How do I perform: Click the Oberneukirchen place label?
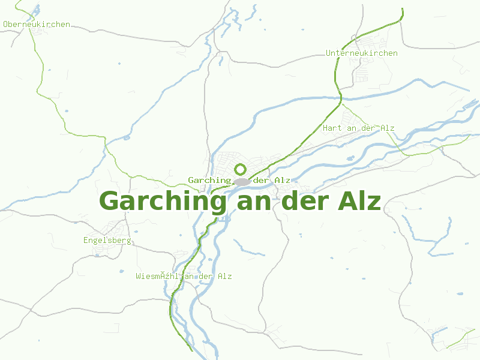[37, 25]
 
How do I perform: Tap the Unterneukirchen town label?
[361, 53]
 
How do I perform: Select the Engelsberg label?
[107, 241]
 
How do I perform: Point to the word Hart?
[332, 128]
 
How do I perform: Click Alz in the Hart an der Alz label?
[387, 128]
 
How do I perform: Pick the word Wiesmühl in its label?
[157, 277]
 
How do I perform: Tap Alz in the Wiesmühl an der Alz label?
[224, 277]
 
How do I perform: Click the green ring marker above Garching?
[241, 169]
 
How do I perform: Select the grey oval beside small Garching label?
[242, 181]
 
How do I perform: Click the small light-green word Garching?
[209, 181]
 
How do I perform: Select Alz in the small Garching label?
[283, 181]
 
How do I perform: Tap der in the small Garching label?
[262, 181]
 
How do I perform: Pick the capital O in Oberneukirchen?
[5, 25]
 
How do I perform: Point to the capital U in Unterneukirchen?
[328, 53]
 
